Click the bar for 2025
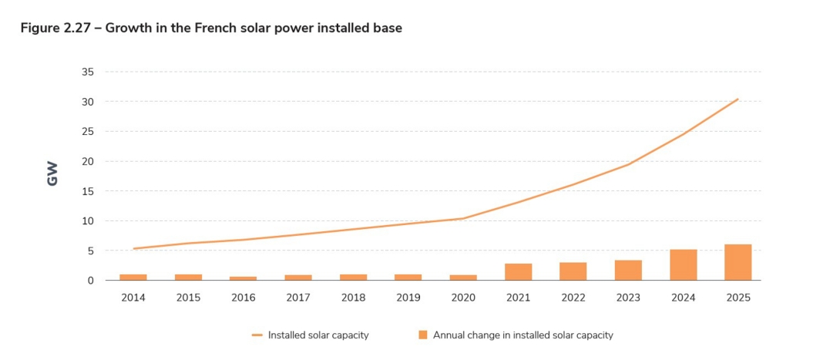738,262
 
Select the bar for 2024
683,264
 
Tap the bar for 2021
518,271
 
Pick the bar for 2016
243,278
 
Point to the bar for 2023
628,270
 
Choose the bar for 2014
133,277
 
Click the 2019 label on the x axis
408,298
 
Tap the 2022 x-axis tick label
573,298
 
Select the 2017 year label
298,298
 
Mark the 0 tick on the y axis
90,281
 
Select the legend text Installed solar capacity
318,335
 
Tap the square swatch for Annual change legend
422,335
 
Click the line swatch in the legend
257,335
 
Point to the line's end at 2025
738,99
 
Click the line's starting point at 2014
133,248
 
